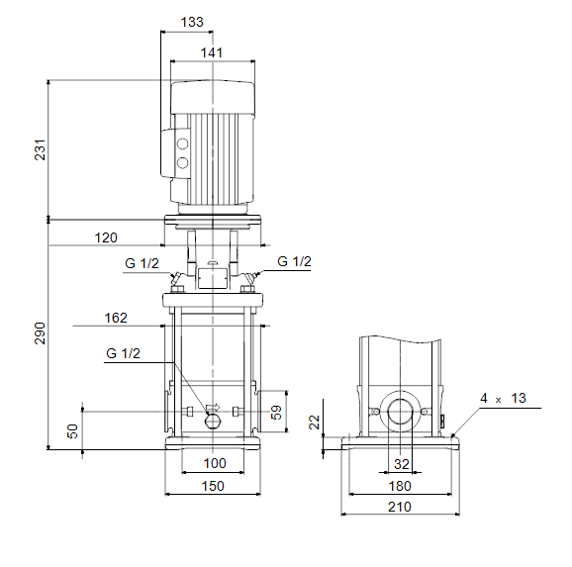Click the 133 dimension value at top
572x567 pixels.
[x=192, y=22]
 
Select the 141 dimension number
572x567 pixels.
[x=212, y=52]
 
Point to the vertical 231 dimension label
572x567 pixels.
[x=41, y=149]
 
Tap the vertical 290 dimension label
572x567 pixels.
[x=40, y=333]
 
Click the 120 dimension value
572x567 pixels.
[x=106, y=237]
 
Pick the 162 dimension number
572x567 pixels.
[x=116, y=318]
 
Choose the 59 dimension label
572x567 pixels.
[x=276, y=413]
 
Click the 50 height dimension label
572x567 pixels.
[x=73, y=431]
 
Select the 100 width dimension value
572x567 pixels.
[x=215, y=463]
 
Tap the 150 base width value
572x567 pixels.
[x=213, y=486]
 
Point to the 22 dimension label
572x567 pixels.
[x=314, y=423]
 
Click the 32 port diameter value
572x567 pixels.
[x=401, y=464]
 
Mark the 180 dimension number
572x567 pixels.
[x=400, y=486]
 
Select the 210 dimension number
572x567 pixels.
[x=400, y=507]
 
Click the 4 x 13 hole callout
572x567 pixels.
[x=503, y=398]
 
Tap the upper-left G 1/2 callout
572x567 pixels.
[x=142, y=263]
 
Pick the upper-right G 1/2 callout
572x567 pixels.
[x=294, y=261]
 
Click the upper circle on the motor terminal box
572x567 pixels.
[x=182, y=143]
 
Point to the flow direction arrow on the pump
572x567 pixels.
[x=214, y=407]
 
